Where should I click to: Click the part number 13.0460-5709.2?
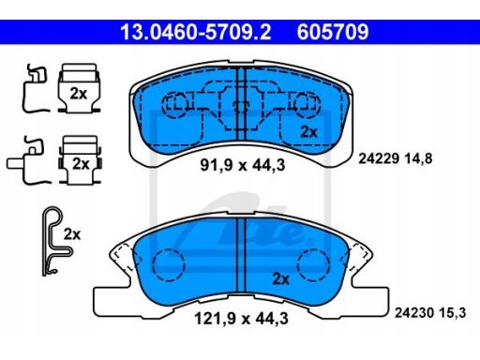[196, 32]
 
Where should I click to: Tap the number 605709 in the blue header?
[333, 32]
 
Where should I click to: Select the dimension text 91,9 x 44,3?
[243, 165]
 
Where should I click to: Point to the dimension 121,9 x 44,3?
[241, 319]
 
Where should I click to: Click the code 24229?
[379, 158]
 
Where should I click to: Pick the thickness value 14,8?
[418, 158]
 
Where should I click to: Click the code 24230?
[414, 312]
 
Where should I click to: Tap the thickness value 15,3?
[452, 313]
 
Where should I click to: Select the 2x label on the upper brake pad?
[308, 132]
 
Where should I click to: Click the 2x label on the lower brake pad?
[281, 278]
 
